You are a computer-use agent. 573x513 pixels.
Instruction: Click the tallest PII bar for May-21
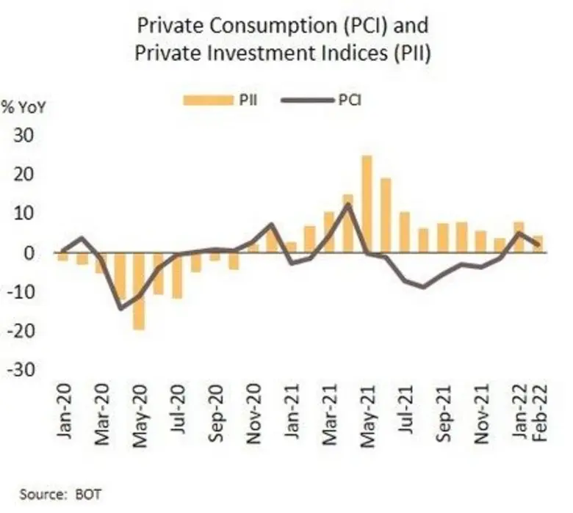click(367, 204)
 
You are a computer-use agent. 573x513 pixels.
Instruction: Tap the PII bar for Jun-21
click(386, 215)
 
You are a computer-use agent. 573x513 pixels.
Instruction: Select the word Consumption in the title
click(252, 28)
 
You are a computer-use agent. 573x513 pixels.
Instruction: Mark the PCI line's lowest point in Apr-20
click(120, 308)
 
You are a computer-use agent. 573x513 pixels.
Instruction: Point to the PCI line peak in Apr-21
click(347, 204)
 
